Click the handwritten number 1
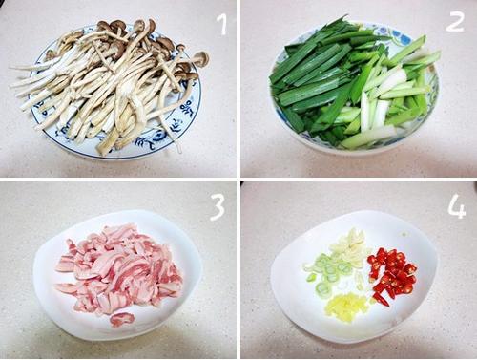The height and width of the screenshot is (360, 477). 223,25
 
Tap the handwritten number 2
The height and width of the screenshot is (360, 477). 454,22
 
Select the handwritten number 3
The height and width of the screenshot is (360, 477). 218,207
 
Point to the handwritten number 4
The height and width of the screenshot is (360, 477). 457,206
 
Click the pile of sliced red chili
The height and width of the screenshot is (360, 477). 392,275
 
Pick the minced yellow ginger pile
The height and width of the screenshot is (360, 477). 346,307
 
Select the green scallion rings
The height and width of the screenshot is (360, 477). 327,272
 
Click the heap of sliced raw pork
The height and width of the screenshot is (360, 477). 118,271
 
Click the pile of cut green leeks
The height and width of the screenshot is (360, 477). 353,84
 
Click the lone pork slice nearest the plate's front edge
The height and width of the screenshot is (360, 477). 121,319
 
